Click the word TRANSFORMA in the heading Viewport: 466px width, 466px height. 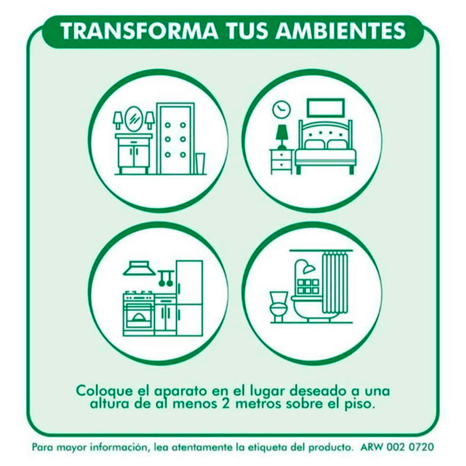(139, 31)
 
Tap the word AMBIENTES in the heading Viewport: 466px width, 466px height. (340, 31)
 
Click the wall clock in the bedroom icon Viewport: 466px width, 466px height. (281, 110)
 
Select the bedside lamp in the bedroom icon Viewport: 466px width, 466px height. (282, 137)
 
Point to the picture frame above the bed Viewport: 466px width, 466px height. (326, 108)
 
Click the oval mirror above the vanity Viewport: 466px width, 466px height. (134, 119)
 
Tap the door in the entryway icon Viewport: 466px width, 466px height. (175, 139)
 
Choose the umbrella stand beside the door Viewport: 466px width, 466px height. (200, 163)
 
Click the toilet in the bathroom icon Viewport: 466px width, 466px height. (279, 306)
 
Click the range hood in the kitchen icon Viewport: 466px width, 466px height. (139, 268)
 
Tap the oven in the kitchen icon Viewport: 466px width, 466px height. (139, 314)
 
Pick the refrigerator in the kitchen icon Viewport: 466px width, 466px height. (190, 298)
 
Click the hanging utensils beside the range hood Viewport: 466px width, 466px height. (166, 278)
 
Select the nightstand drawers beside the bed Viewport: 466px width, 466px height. (281, 161)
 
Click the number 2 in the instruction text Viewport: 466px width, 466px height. (225, 404)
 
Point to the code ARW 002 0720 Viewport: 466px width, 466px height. (397, 447)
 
